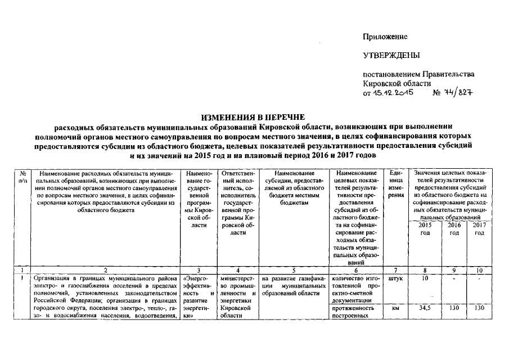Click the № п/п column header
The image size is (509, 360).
(22, 177)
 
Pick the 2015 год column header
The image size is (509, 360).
(426, 229)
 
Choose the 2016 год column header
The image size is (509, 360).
(454, 229)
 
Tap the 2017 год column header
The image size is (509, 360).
(479, 229)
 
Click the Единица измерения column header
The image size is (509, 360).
(396, 183)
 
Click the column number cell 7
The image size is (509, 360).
(396, 270)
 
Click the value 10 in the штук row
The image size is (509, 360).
(426, 278)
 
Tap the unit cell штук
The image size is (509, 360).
(396, 278)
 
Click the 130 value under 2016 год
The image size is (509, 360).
(454, 308)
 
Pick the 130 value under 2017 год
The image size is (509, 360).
(479, 308)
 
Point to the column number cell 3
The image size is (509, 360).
(199, 270)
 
